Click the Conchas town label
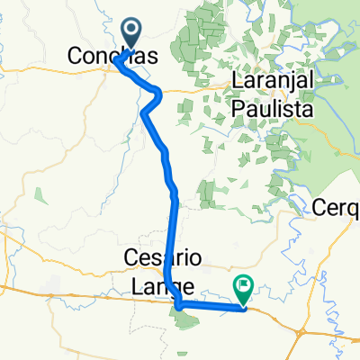coord(114,56)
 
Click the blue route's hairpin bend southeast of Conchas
coord(157,93)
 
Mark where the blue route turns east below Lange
coord(180,305)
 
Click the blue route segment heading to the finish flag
coord(216,307)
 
